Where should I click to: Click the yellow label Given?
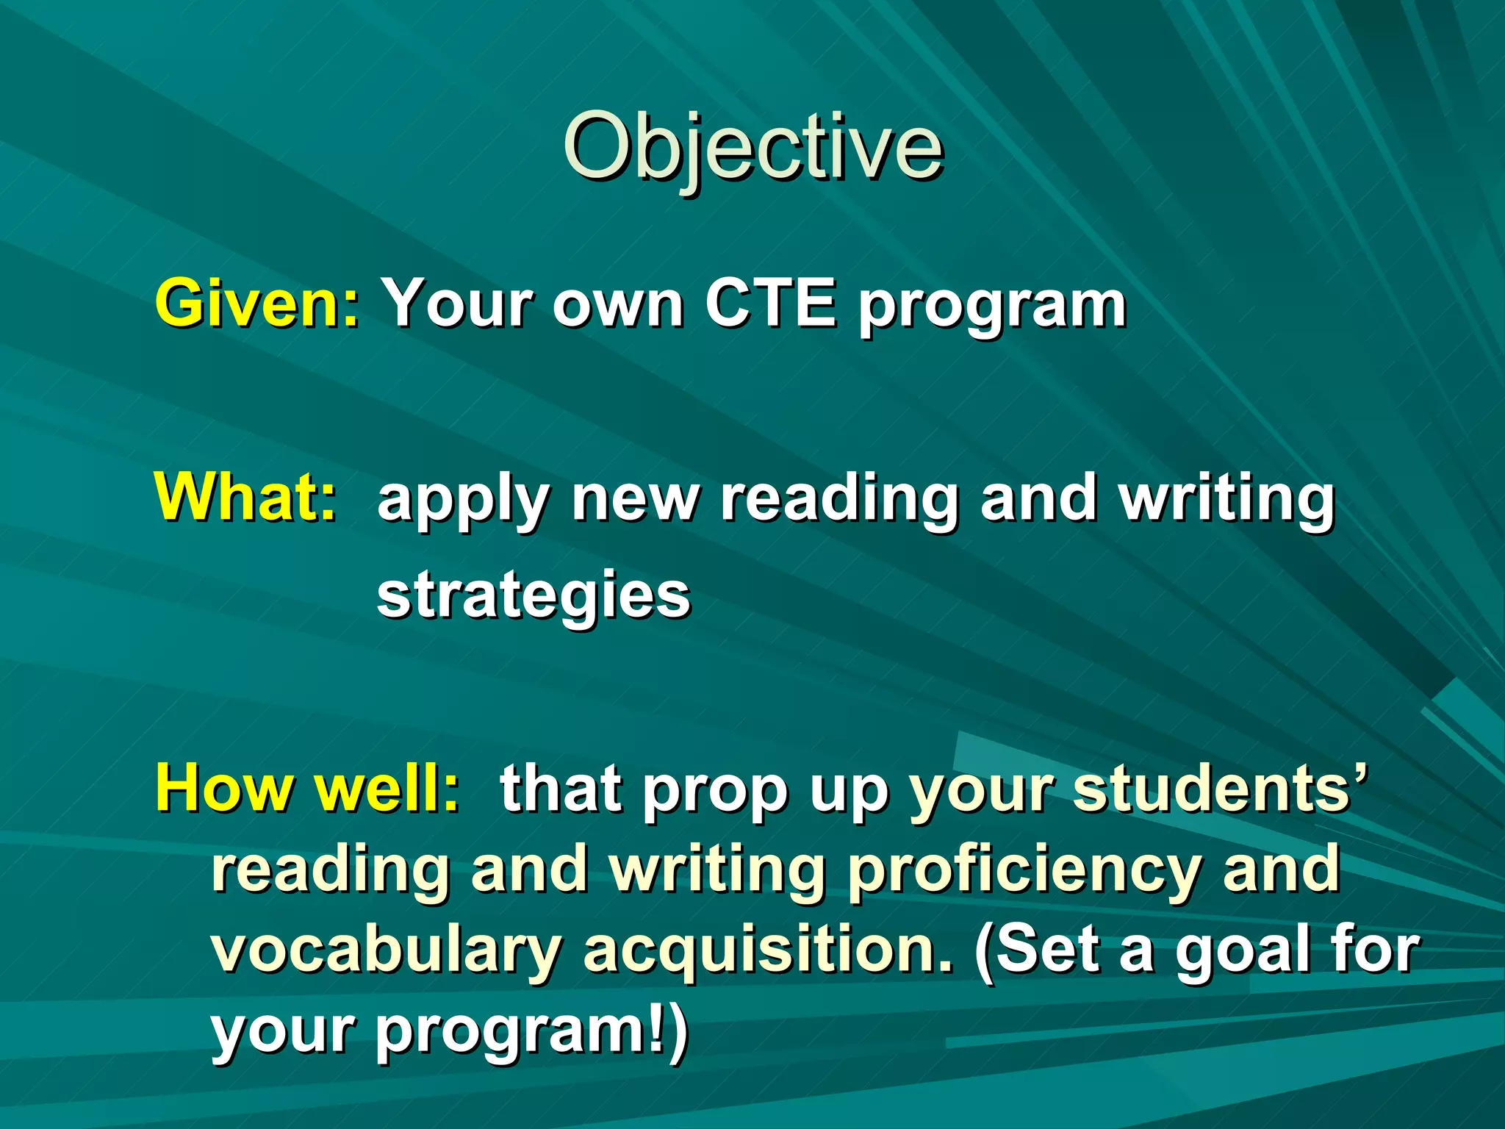pyautogui.click(x=257, y=303)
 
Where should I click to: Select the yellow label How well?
pyautogui.click(x=307, y=788)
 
